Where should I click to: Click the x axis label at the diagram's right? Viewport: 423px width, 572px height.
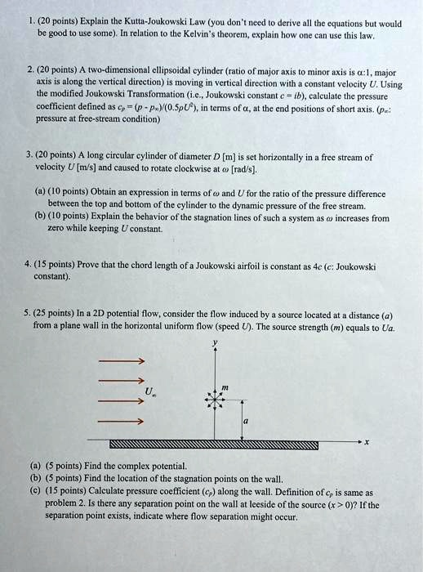click(367, 442)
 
